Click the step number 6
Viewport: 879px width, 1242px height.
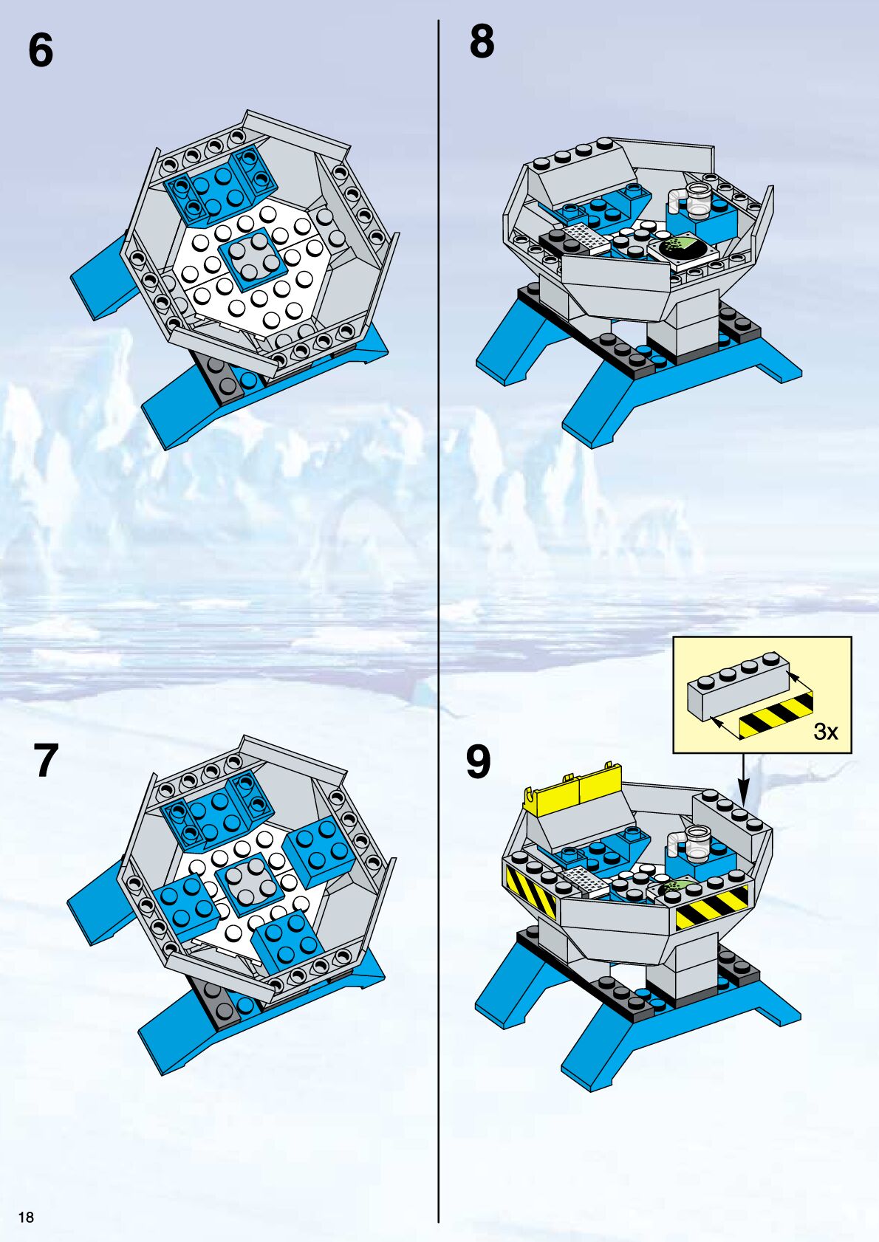41,50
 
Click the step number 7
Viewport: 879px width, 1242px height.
46,760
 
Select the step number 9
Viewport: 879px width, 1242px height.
478,762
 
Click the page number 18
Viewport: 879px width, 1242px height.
26,1217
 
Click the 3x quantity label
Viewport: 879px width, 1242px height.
826,732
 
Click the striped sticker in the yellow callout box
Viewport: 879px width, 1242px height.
776,715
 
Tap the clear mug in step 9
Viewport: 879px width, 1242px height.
693,843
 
